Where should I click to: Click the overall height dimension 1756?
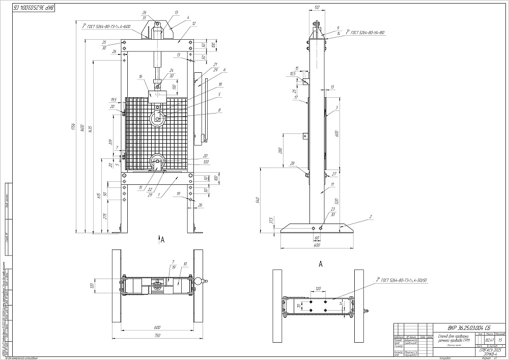74,126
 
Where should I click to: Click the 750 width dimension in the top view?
158,336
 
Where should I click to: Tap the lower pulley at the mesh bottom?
157,163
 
